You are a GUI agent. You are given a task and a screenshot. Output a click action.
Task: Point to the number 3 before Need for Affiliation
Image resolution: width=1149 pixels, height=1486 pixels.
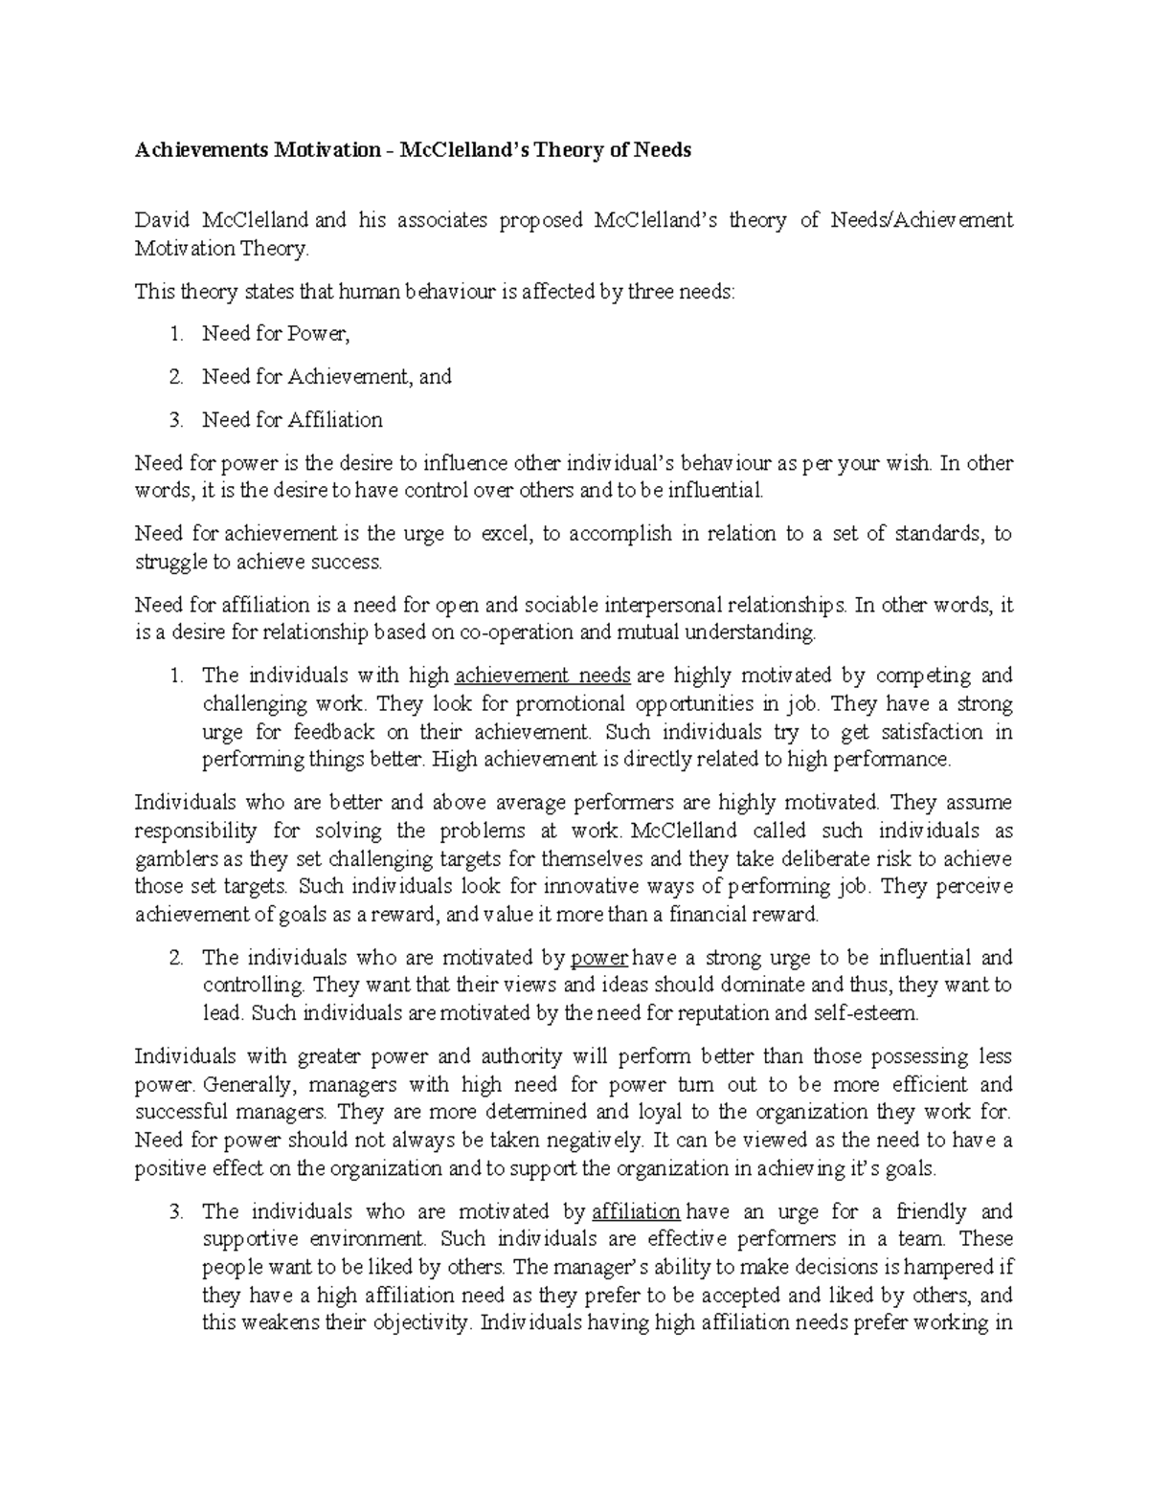pyautogui.click(x=174, y=420)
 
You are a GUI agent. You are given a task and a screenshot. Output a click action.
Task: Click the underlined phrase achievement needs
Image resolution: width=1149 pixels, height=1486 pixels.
pyautogui.click(x=542, y=676)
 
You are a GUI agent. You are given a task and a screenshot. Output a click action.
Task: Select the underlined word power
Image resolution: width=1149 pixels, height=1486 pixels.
pyautogui.click(x=598, y=958)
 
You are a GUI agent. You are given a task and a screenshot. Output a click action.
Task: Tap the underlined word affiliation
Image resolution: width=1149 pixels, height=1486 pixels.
pyautogui.click(x=636, y=1212)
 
